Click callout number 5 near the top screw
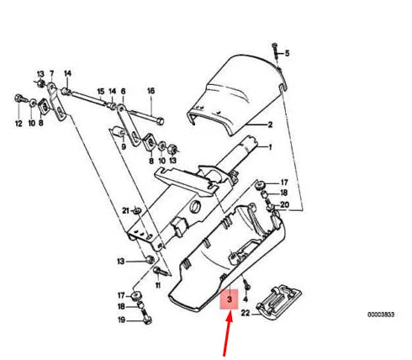(286, 54)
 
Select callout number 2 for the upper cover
(271, 125)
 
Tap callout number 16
(151, 90)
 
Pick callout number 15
(100, 90)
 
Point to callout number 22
(246, 314)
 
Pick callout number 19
(121, 320)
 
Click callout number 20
(284, 205)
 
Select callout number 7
(52, 73)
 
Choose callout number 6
(123, 90)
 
